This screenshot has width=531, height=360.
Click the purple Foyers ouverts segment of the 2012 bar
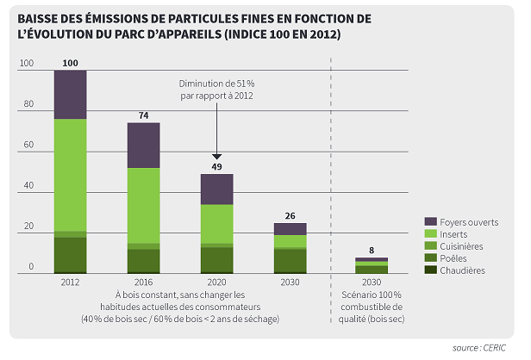(70, 94)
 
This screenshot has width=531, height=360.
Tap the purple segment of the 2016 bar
(144, 146)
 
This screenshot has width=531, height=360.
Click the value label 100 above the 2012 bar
(71, 63)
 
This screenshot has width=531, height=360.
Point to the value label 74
(144, 115)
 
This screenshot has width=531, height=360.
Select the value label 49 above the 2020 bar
(217, 166)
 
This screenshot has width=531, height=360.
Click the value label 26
(290, 215)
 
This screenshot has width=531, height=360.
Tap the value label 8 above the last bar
(372, 251)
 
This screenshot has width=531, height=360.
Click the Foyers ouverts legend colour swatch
(431, 221)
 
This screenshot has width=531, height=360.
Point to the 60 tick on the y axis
(27, 145)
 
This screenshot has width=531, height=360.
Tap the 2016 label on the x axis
(144, 282)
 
